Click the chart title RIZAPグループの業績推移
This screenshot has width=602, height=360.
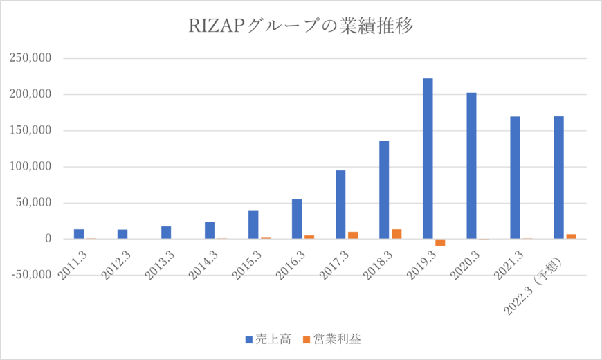pos(301,26)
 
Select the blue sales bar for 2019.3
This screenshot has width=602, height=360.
pos(428,159)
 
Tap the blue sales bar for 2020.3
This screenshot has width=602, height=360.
pos(471,165)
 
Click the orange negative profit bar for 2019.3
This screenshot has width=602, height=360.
pos(440,242)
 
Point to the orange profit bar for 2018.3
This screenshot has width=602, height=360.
pos(396,234)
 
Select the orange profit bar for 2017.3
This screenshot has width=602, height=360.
pos(353,235)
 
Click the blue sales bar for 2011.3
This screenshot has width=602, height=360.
pos(79,234)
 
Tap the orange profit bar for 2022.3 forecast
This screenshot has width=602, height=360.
pos(571,237)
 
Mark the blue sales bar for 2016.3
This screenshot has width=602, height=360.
pos(297,219)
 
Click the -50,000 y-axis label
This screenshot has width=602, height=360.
pos(29,275)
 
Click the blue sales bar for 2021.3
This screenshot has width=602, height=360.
pos(515,177)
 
